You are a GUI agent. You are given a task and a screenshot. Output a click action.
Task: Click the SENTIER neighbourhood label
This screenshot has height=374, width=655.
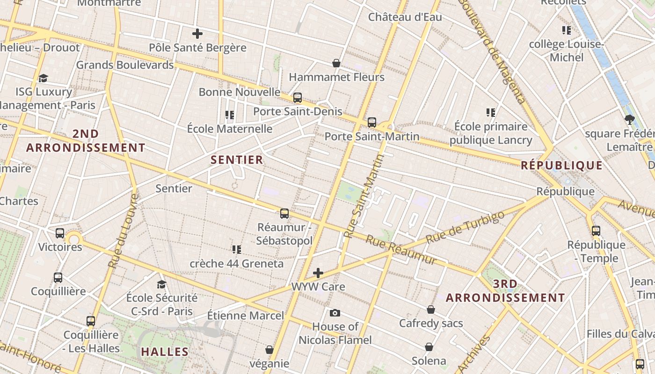coord(237,160)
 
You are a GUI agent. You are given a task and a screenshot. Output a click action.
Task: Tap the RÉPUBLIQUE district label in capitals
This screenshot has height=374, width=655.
coord(561,165)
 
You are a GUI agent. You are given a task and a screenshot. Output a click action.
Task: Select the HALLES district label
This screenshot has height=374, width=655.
coord(165,352)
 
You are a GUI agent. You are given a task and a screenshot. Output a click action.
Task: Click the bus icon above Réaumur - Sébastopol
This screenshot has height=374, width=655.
coord(284,214)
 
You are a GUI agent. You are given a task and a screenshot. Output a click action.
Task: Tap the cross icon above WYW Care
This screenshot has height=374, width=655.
coord(318,273)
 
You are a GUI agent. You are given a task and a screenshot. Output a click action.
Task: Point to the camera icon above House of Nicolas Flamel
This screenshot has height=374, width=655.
coord(335,313)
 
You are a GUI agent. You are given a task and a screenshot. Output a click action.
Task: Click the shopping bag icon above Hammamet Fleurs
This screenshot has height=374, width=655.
coord(336,63)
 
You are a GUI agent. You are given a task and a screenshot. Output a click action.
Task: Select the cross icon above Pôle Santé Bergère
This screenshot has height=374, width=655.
coord(197,34)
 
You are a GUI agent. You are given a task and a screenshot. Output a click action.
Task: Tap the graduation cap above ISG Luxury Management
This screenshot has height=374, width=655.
coord(44,78)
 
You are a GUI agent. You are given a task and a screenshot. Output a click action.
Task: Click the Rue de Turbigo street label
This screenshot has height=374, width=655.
coord(466,228)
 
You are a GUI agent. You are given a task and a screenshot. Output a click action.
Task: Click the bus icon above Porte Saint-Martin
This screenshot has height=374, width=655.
coord(372,122)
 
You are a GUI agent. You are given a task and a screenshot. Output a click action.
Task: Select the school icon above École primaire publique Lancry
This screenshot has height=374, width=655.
coord(491,113)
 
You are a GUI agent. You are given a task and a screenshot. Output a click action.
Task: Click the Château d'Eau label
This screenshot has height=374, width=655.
coord(405,17)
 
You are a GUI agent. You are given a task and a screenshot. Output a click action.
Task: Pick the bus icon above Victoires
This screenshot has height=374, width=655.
coord(60,233)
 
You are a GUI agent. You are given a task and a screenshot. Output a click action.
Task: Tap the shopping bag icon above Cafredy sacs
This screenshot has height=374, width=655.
coord(431,309)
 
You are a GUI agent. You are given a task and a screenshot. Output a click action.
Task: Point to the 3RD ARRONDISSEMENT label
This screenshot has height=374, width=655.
coord(505,291)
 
